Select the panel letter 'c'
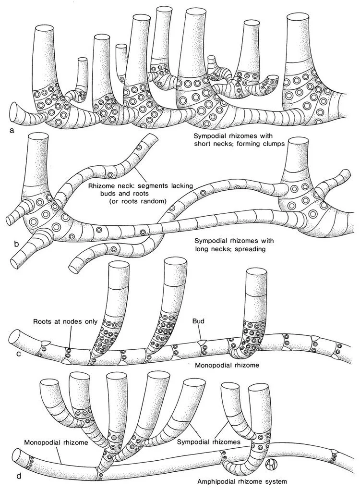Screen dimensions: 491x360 (x=18, y=354)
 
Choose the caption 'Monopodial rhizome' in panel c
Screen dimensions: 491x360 (x=228, y=365)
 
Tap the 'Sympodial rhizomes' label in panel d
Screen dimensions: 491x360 (x=209, y=440)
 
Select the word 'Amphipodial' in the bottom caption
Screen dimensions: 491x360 (x=218, y=480)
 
